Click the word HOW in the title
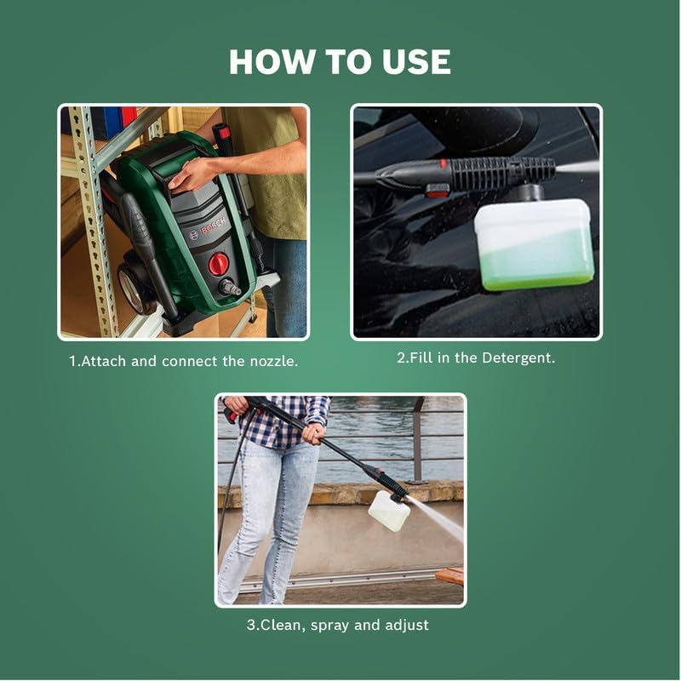[x=271, y=61]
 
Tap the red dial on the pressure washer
[x=219, y=264]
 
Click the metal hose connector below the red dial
[x=230, y=288]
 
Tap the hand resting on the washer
[x=191, y=173]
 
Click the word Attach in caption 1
[x=103, y=361]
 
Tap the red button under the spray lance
[x=437, y=190]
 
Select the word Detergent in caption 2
[x=518, y=358]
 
